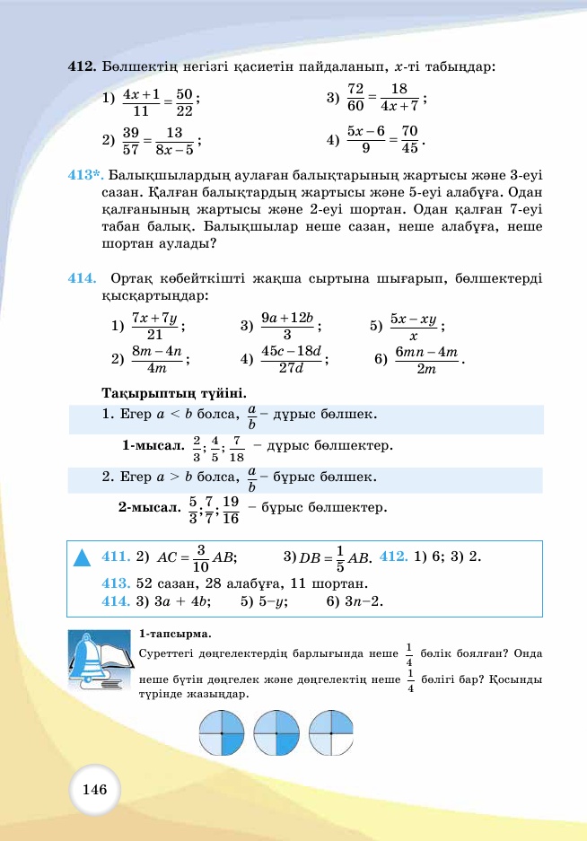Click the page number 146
[94, 790]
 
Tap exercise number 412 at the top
[83, 66]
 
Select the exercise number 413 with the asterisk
[86, 177]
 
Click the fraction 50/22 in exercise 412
[185, 102]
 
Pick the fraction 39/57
[130, 140]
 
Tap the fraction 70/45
[410, 140]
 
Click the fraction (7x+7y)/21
[155, 326]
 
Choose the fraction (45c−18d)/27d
[291, 359]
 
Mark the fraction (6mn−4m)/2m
[426, 360]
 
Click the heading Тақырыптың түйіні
[174, 393]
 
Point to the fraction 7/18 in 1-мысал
[237, 448]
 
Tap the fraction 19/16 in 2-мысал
[230, 509]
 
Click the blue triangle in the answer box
[83, 558]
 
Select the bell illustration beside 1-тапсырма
[95, 661]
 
